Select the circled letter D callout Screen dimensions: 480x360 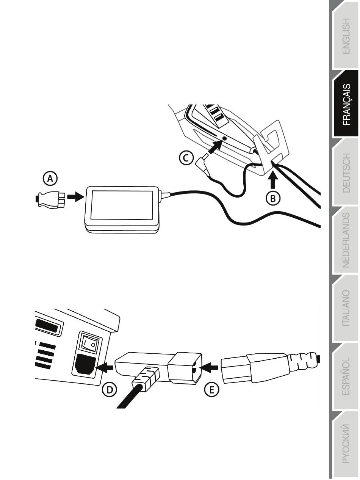click(x=110, y=390)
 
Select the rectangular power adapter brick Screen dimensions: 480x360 click(x=121, y=207)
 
